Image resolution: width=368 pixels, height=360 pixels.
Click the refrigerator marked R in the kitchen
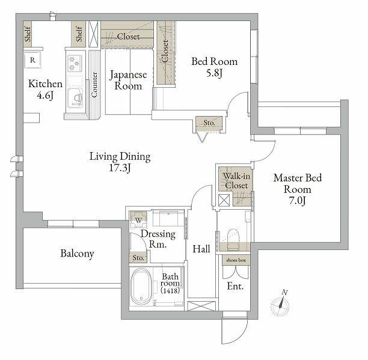[x=32, y=60]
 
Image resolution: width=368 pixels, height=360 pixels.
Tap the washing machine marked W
[x=138, y=220]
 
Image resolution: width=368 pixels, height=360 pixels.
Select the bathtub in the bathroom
[x=141, y=287]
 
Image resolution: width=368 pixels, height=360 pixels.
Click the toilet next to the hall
[x=233, y=237]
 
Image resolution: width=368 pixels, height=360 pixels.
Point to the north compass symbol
[x=280, y=304]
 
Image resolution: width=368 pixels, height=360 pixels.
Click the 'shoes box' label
[x=236, y=260]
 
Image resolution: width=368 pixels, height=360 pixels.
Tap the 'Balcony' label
[x=77, y=254]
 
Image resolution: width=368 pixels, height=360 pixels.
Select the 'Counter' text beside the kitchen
[x=94, y=85]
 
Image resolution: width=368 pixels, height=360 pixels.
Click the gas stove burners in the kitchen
[x=75, y=63]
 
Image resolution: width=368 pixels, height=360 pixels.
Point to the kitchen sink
[x=75, y=98]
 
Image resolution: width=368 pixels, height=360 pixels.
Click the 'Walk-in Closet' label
[x=236, y=180]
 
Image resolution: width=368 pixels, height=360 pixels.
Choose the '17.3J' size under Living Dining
[x=120, y=168]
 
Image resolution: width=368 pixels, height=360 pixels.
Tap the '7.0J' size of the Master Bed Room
[x=297, y=201]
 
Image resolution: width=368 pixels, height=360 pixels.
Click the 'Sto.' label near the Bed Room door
[x=209, y=123]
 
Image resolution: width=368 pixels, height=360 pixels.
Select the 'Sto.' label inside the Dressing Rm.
[x=138, y=258]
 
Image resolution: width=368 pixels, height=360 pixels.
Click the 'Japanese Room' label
[x=128, y=80]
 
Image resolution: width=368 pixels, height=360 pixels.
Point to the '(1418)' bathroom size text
[x=170, y=291]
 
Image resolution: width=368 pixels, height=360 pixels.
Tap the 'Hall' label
[x=201, y=249]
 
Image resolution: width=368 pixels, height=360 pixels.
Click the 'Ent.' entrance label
[x=235, y=286]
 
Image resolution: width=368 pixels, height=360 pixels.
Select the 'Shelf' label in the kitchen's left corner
[x=28, y=34]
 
